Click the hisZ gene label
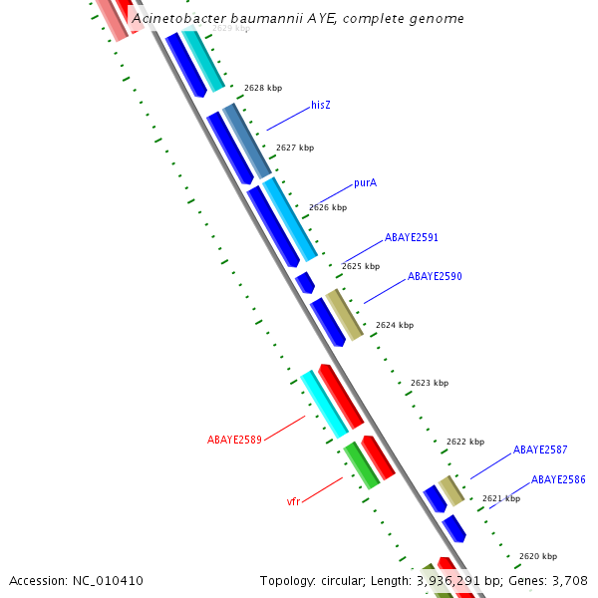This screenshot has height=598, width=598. tap(321, 105)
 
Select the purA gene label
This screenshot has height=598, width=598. tap(365, 183)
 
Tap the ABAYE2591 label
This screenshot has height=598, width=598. tap(412, 237)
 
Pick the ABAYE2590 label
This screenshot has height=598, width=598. tap(435, 276)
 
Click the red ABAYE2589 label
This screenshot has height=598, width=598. tap(234, 440)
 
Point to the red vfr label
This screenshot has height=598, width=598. tap(293, 501)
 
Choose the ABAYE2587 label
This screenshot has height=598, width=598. tap(540, 449)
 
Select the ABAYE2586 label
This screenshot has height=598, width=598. tap(558, 479)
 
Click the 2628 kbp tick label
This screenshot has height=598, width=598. tap(263, 88)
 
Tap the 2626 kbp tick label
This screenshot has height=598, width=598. tap(328, 207)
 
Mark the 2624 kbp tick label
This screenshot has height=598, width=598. tap(395, 325)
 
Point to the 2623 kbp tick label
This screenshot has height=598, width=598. tap(430, 383)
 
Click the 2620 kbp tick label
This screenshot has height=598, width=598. tap(538, 556)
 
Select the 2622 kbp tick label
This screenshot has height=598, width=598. tap(465, 442)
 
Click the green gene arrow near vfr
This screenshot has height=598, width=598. tap(361, 465)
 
